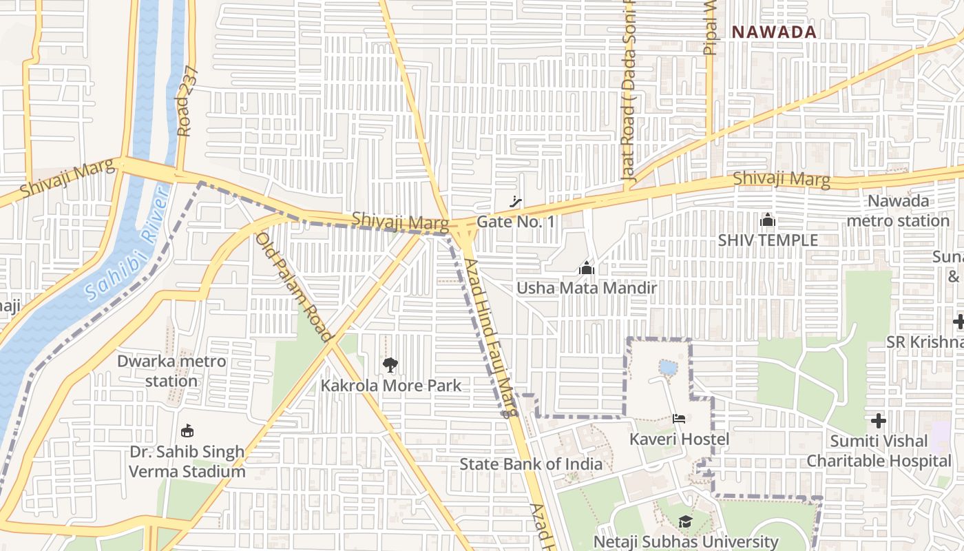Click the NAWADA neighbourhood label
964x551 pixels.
(x=774, y=32)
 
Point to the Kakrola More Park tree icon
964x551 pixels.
(x=390, y=365)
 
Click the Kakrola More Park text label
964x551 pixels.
(x=391, y=385)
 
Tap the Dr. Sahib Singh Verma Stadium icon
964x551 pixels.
(x=187, y=431)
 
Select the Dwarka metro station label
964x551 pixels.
(x=171, y=371)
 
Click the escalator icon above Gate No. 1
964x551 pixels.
(x=515, y=202)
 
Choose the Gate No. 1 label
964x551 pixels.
(x=516, y=222)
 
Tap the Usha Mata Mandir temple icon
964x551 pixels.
(x=587, y=267)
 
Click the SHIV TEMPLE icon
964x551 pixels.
(x=768, y=220)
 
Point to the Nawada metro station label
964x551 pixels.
(x=898, y=211)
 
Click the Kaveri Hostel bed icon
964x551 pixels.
(x=679, y=419)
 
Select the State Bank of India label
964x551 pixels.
(x=531, y=464)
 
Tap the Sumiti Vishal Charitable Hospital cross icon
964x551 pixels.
(x=879, y=420)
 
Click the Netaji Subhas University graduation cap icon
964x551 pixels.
(x=685, y=522)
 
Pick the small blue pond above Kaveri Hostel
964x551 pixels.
(x=668, y=367)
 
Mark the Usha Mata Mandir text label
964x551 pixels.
(x=587, y=287)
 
